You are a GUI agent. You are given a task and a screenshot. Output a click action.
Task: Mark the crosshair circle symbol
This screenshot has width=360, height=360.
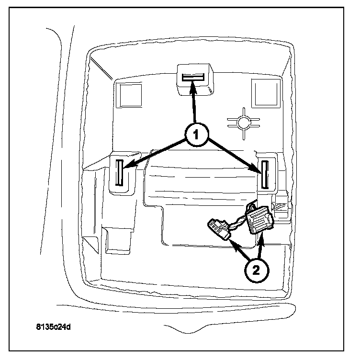244,123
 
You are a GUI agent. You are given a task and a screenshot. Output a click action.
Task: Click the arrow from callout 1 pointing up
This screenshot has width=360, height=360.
193,103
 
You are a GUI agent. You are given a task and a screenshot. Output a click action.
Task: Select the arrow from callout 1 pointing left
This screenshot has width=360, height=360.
153,153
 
